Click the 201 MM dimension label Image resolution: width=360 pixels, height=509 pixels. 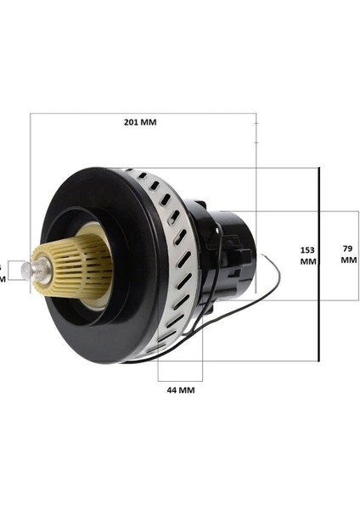(140, 122)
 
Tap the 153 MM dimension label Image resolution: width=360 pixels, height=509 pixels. (307, 255)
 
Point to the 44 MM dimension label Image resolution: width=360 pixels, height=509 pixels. (180, 390)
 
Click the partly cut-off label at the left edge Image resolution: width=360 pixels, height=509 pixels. (3, 271)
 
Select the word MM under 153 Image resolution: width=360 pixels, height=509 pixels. (307, 262)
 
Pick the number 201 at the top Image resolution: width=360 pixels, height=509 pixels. (131, 122)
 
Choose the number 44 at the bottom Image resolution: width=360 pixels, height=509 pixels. (172, 390)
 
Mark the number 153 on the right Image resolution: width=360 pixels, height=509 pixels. (307, 249)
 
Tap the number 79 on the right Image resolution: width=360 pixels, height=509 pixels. (348, 249)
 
